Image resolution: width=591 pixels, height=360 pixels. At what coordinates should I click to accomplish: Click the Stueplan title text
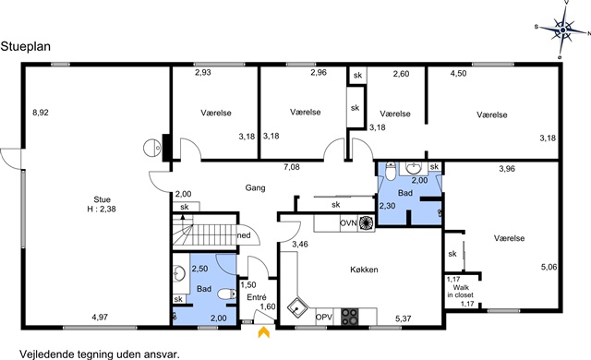26,47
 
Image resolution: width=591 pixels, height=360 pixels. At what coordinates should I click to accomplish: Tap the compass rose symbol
562,30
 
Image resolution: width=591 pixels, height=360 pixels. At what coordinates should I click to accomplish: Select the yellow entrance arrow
264,332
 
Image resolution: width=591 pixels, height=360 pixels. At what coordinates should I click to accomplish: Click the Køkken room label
364,270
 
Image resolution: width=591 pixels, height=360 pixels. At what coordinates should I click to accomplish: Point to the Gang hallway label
255,187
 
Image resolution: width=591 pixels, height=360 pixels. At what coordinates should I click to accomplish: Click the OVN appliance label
348,223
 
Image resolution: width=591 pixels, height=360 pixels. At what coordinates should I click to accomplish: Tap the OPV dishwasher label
324,318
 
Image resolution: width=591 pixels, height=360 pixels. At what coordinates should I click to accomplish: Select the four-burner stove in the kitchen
350,317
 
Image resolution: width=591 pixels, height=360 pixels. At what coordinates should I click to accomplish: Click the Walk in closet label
460,291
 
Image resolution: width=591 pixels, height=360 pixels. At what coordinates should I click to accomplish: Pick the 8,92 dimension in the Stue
41,113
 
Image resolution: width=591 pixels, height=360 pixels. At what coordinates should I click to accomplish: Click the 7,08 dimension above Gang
292,167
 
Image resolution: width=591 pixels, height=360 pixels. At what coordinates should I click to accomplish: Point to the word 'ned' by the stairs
244,235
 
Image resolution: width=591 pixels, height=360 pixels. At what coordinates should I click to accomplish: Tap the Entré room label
257,297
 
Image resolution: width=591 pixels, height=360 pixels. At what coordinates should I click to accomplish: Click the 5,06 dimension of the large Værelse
549,267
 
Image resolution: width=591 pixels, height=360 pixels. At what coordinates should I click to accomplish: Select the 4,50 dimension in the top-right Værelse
458,74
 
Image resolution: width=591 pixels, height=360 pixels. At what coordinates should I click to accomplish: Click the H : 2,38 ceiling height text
102,209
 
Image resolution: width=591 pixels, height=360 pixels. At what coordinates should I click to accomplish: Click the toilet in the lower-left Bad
227,294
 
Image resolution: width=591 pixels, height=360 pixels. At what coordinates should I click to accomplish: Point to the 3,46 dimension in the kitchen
300,244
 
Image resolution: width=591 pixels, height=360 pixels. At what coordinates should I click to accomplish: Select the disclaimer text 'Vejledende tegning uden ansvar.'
100,354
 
